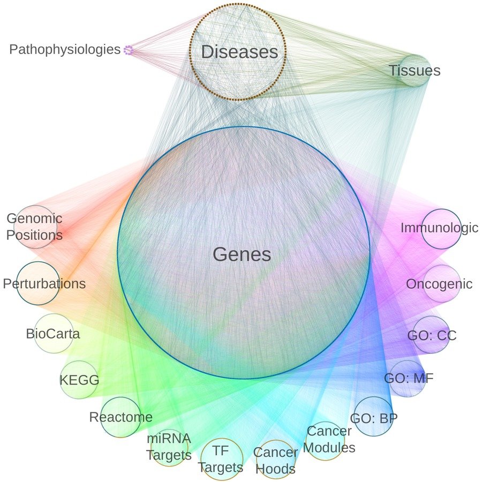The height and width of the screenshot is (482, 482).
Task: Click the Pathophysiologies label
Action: click(65, 50)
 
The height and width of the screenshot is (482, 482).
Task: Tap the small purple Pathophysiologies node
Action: click(128, 50)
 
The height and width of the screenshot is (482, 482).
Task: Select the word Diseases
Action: click(239, 52)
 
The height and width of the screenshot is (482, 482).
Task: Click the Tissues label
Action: click(414, 70)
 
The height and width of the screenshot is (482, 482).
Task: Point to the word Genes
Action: click(242, 254)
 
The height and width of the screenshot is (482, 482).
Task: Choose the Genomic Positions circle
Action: click(35, 227)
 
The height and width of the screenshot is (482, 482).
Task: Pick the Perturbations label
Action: click(44, 283)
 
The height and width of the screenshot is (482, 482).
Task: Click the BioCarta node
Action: click(54, 334)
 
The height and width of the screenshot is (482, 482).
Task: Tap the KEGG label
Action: click(79, 380)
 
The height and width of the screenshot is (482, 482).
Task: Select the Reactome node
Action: click(120, 417)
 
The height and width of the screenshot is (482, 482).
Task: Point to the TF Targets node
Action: click(220, 458)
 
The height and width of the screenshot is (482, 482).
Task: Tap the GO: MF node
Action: click(409, 379)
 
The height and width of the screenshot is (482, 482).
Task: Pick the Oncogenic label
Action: click(439, 284)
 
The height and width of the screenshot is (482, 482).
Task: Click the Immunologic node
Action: click(441, 228)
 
